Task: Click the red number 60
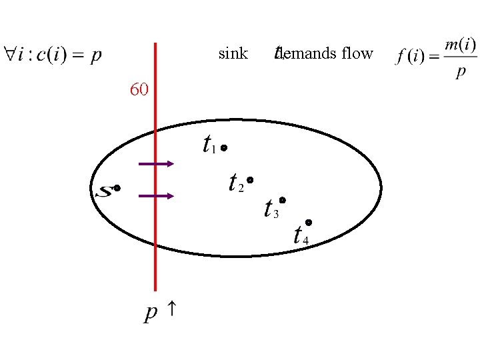point(139,89)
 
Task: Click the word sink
point(233,53)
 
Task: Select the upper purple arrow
point(156,163)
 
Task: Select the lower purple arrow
point(156,196)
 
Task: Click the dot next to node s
point(117,189)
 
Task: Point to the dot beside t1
point(225,147)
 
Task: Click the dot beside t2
point(249,180)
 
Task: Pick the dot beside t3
point(282,199)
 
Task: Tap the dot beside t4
point(309,222)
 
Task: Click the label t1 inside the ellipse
point(209,144)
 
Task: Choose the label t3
point(271,209)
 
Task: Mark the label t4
point(300,235)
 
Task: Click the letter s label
point(104,192)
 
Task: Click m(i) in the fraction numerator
point(460,45)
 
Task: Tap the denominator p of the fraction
point(460,72)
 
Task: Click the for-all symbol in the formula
point(11,54)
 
